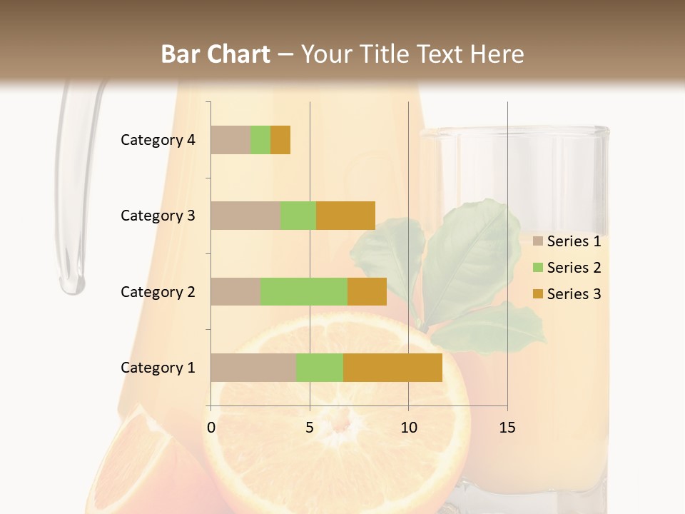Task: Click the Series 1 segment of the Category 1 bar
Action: pos(253,368)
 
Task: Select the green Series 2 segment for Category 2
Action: pos(303,291)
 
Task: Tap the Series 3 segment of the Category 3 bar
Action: pos(345,216)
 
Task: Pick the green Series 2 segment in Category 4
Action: pos(260,140)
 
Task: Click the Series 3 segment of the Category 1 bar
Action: pos(392,368)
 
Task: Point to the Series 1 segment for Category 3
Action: pos(245,216)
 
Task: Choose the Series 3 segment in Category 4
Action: pos(280,140)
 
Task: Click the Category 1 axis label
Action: pos(158,368)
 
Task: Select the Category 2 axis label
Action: pos(158,291)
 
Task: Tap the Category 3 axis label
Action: pos(158,216)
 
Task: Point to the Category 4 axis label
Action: pos(158,140)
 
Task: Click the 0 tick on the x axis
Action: pos(211,428)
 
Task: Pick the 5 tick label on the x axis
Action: pos(310,428)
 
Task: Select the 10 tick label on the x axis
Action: pos(408,428)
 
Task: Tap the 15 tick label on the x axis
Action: pos(507,428)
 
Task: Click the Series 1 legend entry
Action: pos(567,241)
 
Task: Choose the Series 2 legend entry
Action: pos(567,268)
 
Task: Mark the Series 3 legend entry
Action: pos(567,294)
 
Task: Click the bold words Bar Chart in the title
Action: pos(215,54)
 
